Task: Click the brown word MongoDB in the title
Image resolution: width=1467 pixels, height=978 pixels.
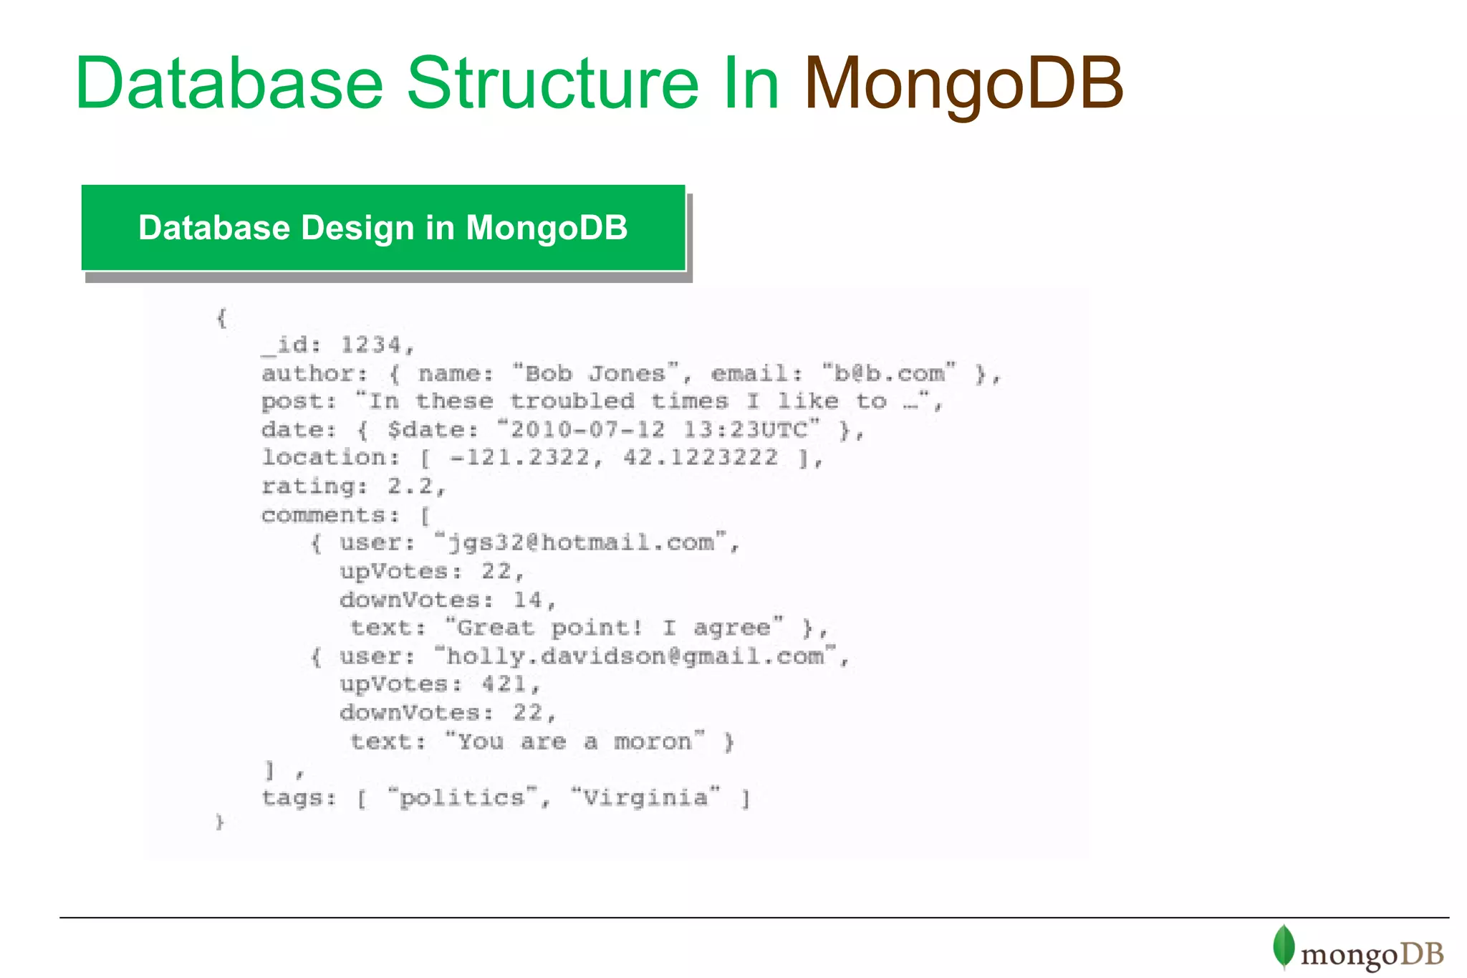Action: pos(963,85)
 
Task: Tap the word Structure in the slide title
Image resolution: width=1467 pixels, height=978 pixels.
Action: pos(552,85)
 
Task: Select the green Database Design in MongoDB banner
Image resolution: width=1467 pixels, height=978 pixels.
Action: pos(383,228)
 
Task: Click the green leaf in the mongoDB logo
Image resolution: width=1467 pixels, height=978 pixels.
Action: pos(1284,946)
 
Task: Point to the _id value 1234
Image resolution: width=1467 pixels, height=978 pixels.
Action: pos(370,345)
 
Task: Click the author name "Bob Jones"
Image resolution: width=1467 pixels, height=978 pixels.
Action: pos(595,373)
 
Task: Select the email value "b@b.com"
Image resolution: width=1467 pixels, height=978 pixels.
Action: pos(888,373)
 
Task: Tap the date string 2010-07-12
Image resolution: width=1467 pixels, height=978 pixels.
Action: pos(587,430)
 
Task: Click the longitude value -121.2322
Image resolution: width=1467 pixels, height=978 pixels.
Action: pos(526,458)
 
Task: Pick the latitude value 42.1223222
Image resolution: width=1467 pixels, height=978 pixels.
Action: pos(700,458)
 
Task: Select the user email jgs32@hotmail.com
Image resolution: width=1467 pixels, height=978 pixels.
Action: pos(581,543)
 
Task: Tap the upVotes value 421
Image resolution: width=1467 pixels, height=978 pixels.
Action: pos(504,684)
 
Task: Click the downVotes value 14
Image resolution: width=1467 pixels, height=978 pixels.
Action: pos(528,600)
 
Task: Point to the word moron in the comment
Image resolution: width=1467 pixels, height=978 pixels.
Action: pos(653,742)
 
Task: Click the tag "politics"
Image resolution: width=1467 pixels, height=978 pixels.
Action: pos(462,797)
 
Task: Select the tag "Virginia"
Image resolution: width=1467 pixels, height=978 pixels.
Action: pos(645,797)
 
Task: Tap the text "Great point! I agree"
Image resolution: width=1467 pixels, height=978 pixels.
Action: pos(614,628)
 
